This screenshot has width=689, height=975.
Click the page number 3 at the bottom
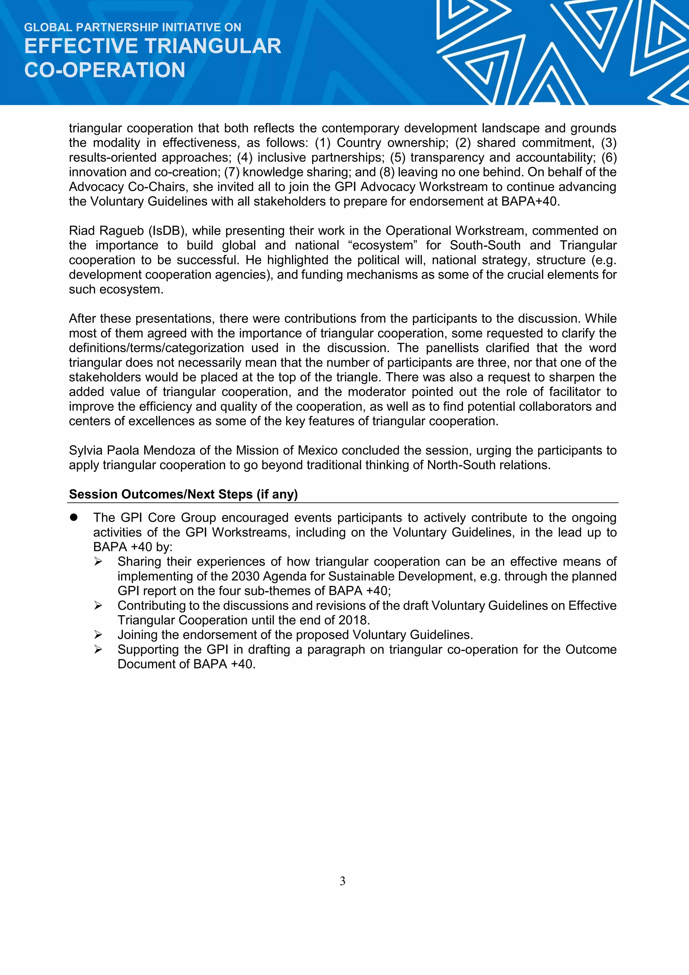pos(342,881)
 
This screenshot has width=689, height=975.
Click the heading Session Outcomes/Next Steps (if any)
pos(183,494)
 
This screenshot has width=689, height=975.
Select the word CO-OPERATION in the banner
pos(104,70)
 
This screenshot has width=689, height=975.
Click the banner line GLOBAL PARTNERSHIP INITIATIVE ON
pos(133,28)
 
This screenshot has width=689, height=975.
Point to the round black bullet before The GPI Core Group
pos(74,517)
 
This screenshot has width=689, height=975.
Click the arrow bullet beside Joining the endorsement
pos(98,635)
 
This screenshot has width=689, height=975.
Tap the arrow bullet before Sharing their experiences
pos(98,562)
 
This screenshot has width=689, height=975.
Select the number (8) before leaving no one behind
pos(387,172)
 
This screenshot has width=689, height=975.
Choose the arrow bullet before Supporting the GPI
pos(98,650)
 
